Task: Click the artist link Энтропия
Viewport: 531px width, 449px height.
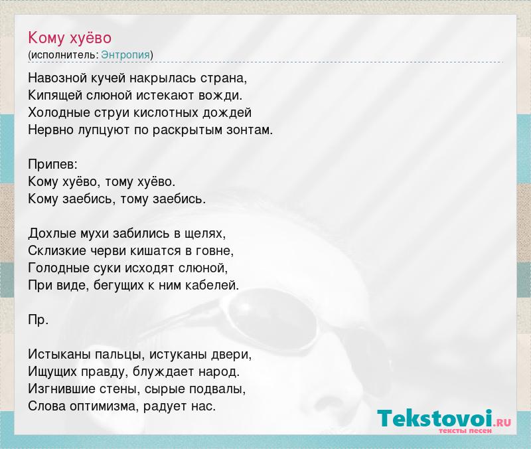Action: (x=125, y=55)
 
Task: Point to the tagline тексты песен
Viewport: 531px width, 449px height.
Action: (x=465, y=430)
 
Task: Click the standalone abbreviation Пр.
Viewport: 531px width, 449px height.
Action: (x=38, y=320)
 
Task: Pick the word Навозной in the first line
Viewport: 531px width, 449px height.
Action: (x=58, y=78)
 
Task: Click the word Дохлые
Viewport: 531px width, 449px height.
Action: (x=52, y=234)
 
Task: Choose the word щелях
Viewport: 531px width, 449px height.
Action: (x=205, y=234)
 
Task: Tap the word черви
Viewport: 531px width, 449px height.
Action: (x=108, y=251)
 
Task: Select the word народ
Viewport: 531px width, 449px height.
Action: (x=219, y=372)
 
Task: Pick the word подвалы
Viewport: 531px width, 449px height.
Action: (x=217, y=389)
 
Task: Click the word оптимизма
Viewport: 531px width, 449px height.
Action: (x=104, y=406)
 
